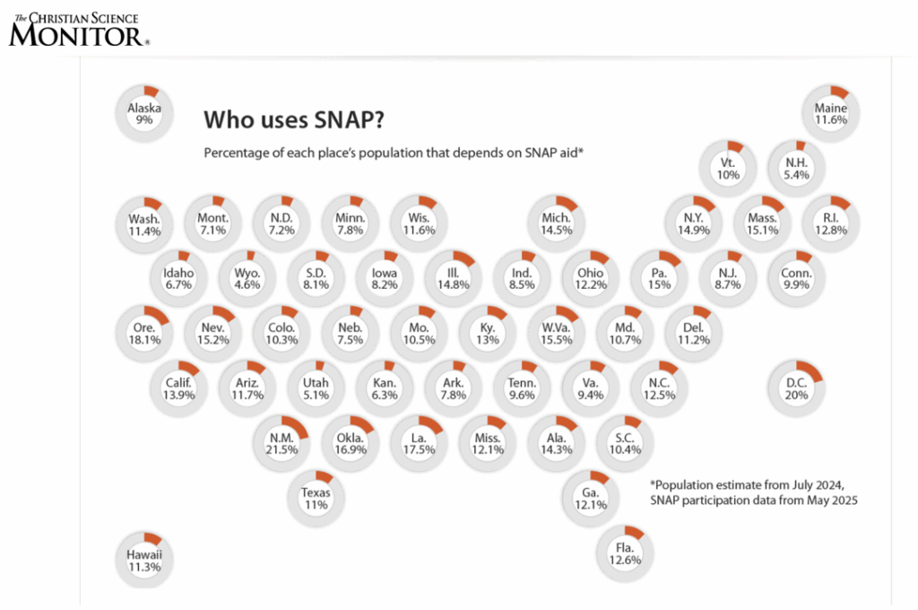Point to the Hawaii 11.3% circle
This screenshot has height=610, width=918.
click(143, 560)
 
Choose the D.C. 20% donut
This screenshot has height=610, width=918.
click(796, 389)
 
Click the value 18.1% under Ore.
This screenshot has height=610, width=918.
click(143, 340)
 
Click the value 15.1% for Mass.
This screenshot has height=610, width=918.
click(762, 231)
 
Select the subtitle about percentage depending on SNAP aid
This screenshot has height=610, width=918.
click(394, 152)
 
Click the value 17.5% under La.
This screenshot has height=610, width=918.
click(419, 450)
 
